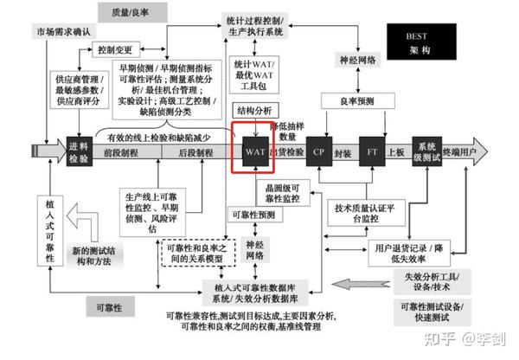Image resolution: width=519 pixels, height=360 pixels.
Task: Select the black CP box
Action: pyautogui.click(x=318, y=151)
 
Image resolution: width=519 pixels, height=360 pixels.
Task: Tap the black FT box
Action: pyautogui.click(x=371, y=151)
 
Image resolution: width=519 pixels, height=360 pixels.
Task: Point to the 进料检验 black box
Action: pyautogui.click(x=80, y=151)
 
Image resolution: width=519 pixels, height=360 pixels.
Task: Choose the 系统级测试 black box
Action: pyautogui.click(x=426, y=151)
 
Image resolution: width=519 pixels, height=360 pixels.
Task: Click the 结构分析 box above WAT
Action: pyautogui.click(x=253, y=111)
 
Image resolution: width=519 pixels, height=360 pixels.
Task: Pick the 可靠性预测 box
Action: pyautogui.click(x=253, y=214)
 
